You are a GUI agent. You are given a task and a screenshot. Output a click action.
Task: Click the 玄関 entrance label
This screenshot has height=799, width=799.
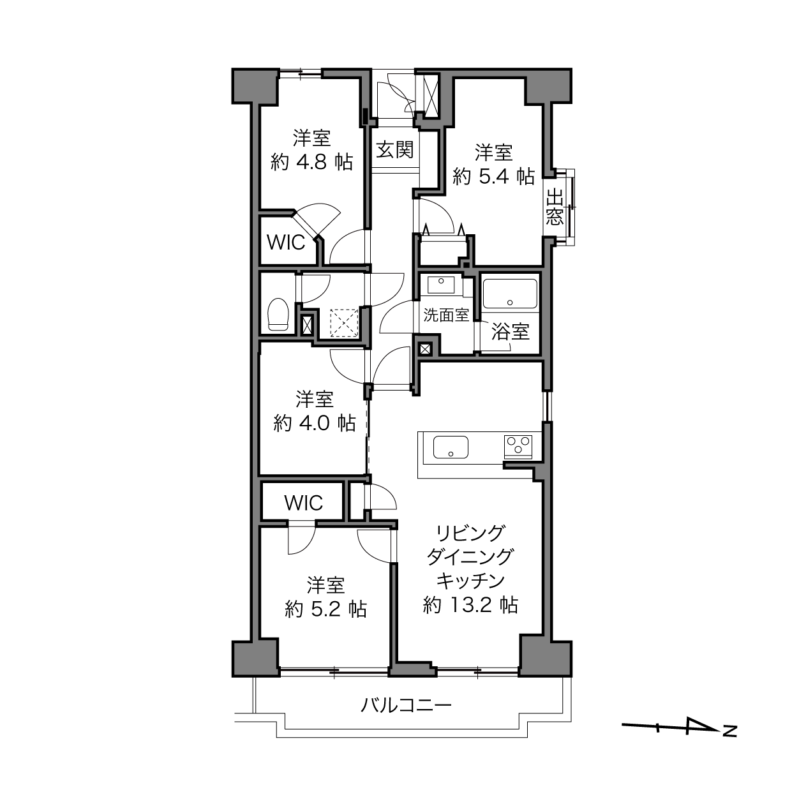pyautogui.click(x=395, y=149)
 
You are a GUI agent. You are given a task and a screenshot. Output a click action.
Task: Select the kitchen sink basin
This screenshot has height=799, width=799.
pyautogui.click(x=451, y=447)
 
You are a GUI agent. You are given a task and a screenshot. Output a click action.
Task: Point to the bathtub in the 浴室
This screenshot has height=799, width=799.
pyautogui.click(x=510, y=294)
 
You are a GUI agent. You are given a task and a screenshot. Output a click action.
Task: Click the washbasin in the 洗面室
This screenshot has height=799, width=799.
pyautogui.click(x=441, y=285)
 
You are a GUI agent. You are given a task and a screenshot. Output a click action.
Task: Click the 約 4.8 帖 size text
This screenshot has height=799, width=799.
pyautogui.click(x=312, y=162)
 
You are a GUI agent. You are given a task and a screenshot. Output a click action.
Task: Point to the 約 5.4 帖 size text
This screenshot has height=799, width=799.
pyautogui.click(x=493, y=177)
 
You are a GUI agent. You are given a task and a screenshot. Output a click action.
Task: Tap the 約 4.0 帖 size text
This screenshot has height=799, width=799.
pyautogui.click(x=314, y=423)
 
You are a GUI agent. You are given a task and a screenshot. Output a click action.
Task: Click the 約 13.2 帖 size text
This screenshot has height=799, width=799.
pyautogui.click(x=470, y=605)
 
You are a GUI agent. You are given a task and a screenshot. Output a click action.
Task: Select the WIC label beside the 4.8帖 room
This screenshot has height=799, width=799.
pyautogui.click(x=286, y=243)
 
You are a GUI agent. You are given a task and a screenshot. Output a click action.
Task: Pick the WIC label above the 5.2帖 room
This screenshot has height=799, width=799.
pyautogui.click(x=304, y=503)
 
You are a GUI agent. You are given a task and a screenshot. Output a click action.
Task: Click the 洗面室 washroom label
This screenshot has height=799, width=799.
pyautogui.click(x=446, y=315)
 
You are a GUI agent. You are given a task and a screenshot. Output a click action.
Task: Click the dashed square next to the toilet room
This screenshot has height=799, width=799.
pyautogui.click(x=344, y=324)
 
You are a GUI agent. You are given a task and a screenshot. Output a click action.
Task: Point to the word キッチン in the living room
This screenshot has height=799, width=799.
pyautogui.click(x=470, y=581)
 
